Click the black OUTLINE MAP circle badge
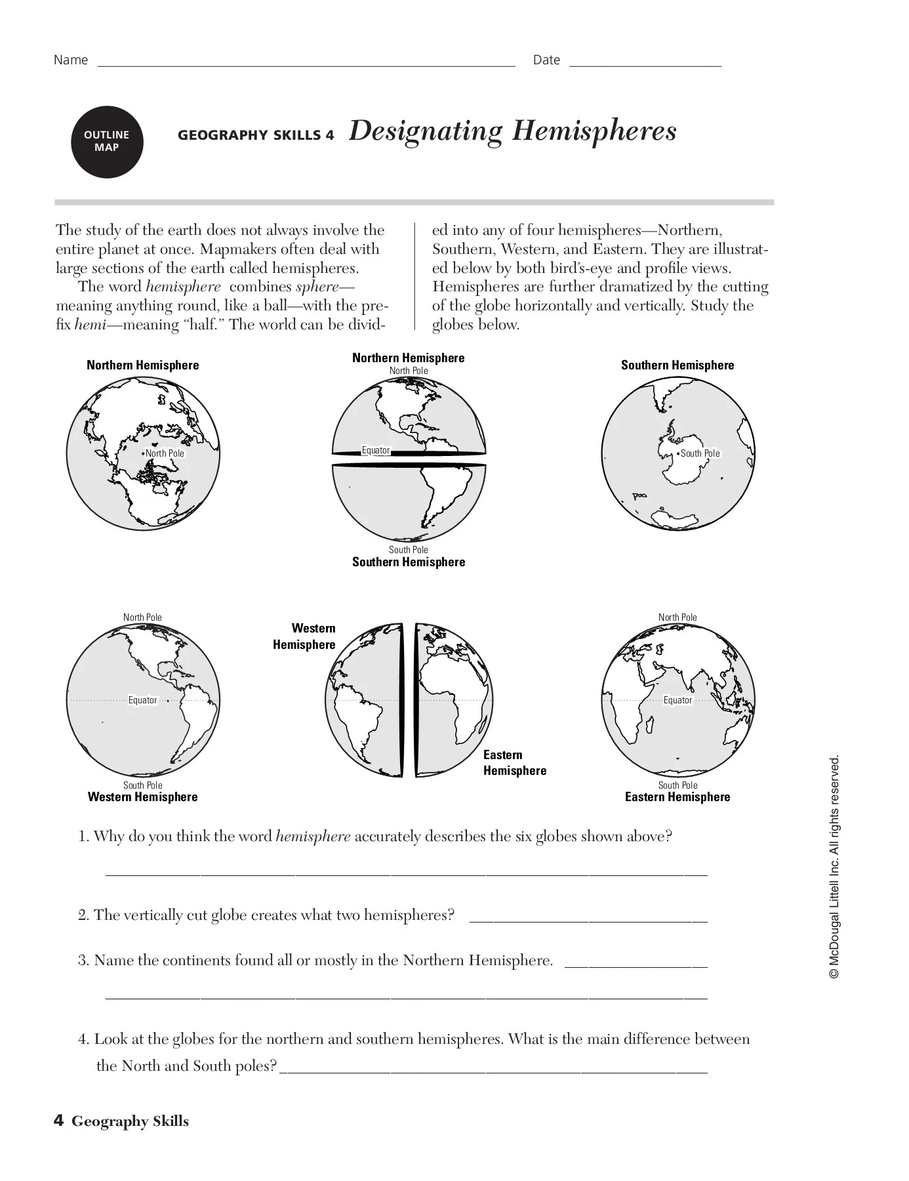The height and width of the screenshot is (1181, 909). [107, 142]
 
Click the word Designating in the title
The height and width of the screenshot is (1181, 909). [425, 131]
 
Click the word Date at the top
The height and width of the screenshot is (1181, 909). [546, 60]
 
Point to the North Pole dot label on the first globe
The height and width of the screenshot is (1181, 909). [164, 453]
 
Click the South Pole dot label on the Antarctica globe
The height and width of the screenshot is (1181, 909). [699, 453]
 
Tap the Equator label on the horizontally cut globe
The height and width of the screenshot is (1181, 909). [376, 450]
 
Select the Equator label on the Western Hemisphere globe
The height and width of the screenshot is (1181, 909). [142, 700]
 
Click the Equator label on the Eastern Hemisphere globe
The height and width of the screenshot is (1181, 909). [677, 700]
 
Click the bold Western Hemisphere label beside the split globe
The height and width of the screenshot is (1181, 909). [305, 636]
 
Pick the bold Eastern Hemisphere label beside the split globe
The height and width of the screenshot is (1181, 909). [514, 762]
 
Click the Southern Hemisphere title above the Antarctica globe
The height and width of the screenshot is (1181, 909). [677, 365]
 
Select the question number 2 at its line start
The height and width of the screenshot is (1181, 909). [83, 915]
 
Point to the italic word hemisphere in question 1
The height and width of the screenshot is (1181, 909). [313, 837]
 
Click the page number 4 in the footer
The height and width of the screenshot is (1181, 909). [58, 1121]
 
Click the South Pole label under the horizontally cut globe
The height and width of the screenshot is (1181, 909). [408, 550]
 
